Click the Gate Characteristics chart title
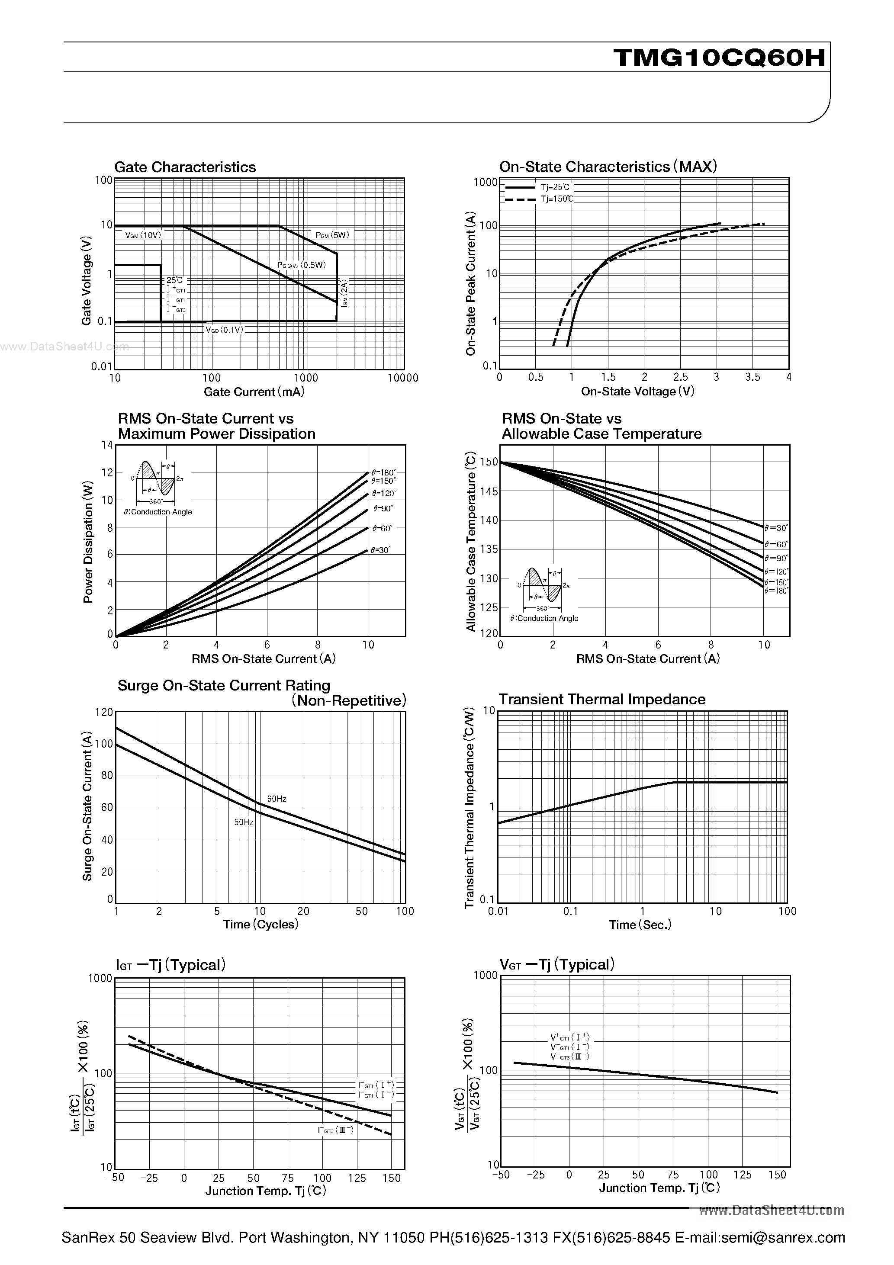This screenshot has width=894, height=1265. [185, 167]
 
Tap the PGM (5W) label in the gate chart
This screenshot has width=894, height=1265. [332, 235]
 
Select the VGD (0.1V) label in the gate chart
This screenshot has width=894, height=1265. [224, 330]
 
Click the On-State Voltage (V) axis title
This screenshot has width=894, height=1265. [638, 391]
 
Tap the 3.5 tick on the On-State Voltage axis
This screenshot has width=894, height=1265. [753, 377]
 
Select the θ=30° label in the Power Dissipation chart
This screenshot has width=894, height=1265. [381, 550]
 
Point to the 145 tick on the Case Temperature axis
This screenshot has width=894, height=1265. [489, 491]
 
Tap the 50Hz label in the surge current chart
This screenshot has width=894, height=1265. [244, 822]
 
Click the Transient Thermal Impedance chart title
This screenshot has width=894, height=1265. [602, 699]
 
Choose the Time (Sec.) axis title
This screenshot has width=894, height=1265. [640, 925]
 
